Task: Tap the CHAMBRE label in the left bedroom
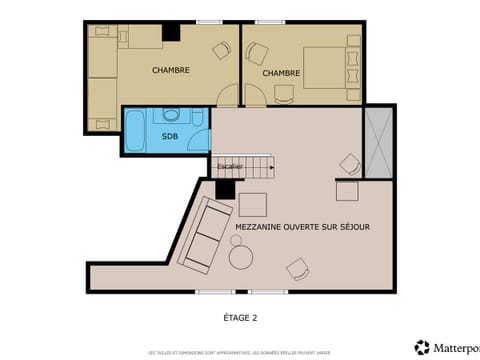coord(171,70)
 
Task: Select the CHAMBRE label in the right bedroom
coord(282,73)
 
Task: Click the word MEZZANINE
coord(263,227)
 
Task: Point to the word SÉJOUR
coord(352,227)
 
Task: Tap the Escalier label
coord(230,166)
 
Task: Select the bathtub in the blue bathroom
coord(134,131)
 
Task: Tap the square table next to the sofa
coord(252,204)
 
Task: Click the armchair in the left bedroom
coord(221,49)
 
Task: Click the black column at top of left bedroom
coord(171,32)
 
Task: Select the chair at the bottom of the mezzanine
coord(297,268)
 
